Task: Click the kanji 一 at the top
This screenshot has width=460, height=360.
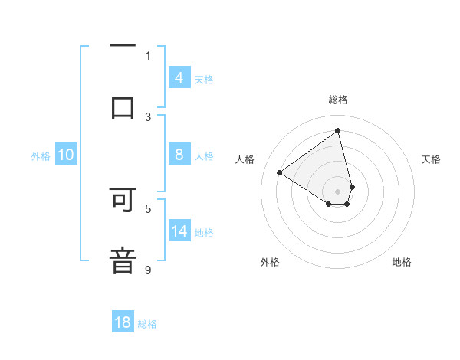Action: click(x=123, y=45)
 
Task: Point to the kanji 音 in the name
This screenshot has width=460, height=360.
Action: click(x=123, y=260)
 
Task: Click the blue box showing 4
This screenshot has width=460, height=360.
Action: click(x=179, y=77)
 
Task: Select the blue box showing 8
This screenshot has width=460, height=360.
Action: click(x=179, y=155)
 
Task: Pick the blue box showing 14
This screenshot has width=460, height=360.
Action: click(x=179, y=231)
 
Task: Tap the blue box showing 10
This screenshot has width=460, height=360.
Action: click(x=66, y=155)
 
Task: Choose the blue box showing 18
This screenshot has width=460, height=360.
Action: click(x=123, y=322)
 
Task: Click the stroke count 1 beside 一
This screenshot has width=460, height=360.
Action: click(x=148, y=55)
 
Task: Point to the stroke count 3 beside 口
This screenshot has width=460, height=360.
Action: click(x=148, y=116)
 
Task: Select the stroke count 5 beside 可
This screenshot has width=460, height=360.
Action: click(x=148, y=208)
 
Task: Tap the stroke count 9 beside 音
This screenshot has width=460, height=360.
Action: click(x=148, y=270)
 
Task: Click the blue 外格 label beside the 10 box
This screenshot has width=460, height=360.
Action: click(x=41, y=155)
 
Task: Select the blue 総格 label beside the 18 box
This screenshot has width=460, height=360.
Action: click(x=147, y=323)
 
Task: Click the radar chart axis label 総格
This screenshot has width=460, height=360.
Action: click(x=338, y=100)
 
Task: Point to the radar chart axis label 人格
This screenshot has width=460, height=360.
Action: click(x=245, y=159)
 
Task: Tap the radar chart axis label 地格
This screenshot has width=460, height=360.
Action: click(x=402, y=262)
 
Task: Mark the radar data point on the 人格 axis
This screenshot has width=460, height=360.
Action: click(x=280, y=172)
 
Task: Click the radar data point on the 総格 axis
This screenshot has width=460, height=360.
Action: click(x=338, y=130)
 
